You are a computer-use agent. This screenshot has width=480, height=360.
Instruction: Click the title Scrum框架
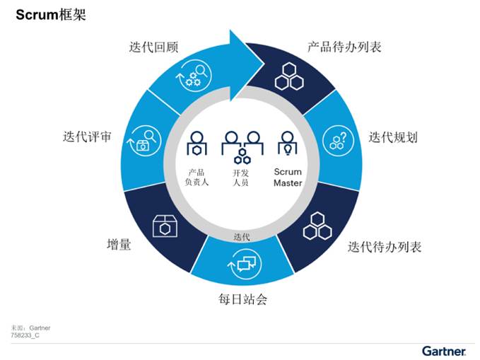pos(51,15)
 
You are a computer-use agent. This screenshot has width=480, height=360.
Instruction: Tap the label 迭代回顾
pos(153,47)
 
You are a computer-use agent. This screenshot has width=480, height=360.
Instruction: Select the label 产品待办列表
pos(344,47)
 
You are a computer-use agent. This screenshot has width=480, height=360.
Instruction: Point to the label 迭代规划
pos(393,137)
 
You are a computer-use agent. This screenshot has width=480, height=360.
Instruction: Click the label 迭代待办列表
pos(385,247)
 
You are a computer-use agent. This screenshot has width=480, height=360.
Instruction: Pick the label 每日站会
pos(242,299)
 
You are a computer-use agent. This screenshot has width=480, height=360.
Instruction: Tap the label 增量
pos(119,245)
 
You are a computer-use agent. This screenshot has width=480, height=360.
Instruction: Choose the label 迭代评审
pos(87,137)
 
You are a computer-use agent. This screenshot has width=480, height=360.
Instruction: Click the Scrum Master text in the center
pos(288,178)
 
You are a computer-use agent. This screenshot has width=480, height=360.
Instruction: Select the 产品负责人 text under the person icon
pos(197,178)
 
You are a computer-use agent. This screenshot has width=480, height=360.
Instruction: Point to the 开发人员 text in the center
pos(240,178)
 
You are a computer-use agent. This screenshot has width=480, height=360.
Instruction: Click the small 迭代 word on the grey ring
pos(242,237)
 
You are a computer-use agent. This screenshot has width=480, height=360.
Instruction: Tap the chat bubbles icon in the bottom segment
pos(245,264)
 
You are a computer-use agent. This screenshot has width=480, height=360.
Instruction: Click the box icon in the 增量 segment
pos(165,226)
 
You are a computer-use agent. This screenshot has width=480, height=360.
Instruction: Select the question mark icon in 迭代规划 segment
pos(339,141)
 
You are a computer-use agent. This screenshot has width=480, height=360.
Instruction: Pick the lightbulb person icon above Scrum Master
pos(288,144)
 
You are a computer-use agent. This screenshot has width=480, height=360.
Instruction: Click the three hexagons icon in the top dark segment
pos(289,76)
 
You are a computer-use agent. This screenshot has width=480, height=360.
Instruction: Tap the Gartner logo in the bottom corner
pos(444,351)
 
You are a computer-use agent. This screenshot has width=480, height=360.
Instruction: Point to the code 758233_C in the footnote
pos(25,335)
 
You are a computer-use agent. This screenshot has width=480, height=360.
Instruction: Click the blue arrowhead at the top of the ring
pos(247,65)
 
